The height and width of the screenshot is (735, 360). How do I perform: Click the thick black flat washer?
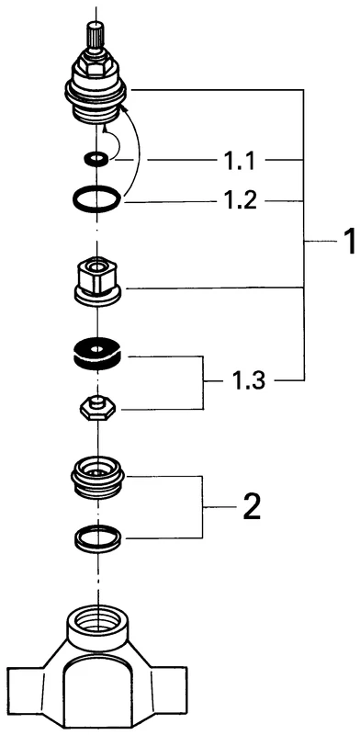coord(97,352)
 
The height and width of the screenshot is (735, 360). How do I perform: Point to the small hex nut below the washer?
coord(95,407)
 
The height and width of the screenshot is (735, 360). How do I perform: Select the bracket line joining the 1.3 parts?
coord(202,379)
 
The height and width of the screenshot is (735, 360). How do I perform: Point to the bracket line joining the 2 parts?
coord(202,506)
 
